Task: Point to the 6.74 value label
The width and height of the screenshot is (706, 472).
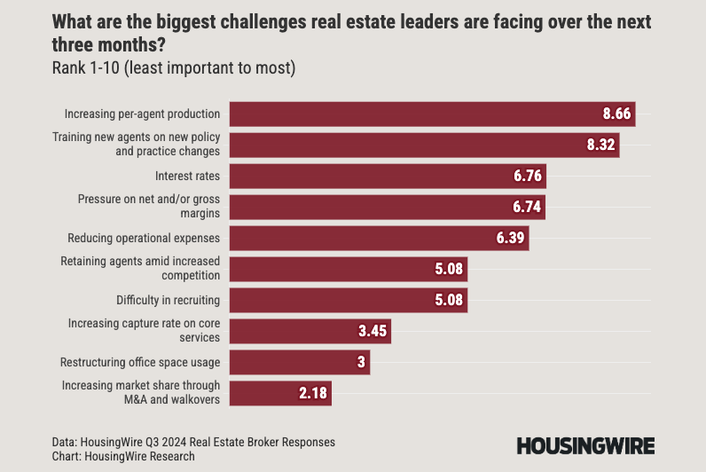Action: tap(528, 208)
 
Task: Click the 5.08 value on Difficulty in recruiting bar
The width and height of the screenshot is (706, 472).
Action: tap(449, 300)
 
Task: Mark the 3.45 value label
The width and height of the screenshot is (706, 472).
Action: tap(373, 331)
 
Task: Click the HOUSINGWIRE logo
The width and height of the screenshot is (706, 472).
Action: tap(586, 446)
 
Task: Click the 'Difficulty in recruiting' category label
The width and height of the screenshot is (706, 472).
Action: tap(168, 300)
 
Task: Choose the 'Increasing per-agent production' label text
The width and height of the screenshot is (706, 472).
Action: tap(142, 114)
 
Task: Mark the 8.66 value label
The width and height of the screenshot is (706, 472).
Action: tap(616, 114)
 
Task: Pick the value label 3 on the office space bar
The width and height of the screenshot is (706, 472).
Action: tap(360, 362)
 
